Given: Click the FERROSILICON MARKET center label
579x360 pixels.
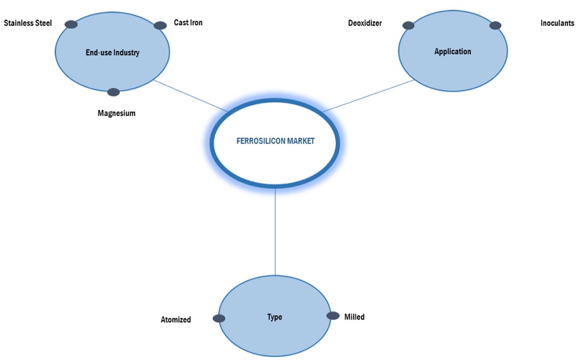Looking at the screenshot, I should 275,141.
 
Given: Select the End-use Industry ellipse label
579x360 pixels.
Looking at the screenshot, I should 113,53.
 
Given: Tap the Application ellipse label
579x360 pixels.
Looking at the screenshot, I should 452,51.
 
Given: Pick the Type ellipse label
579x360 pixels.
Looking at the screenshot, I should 275,317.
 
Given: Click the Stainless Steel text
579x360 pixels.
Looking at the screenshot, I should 28,23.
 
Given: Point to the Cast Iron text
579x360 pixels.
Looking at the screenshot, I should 188,22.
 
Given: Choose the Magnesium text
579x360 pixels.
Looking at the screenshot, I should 116,113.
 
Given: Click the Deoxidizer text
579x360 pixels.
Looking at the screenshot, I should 365,23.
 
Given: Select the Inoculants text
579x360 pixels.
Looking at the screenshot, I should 557,23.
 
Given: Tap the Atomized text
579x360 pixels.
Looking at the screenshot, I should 176,319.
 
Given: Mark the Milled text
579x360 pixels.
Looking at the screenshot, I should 354,317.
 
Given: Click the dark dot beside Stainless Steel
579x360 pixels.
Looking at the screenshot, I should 71,24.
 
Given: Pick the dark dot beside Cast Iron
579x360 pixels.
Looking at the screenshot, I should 160,26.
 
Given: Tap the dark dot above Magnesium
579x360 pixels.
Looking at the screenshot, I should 113,92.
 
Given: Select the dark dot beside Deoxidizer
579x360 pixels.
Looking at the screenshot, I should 408,26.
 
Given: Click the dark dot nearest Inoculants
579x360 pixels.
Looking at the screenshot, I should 495,26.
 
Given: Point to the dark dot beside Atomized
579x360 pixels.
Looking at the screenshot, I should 219,318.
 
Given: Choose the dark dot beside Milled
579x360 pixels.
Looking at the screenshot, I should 333,316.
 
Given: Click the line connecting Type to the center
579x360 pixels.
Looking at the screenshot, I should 275,231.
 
